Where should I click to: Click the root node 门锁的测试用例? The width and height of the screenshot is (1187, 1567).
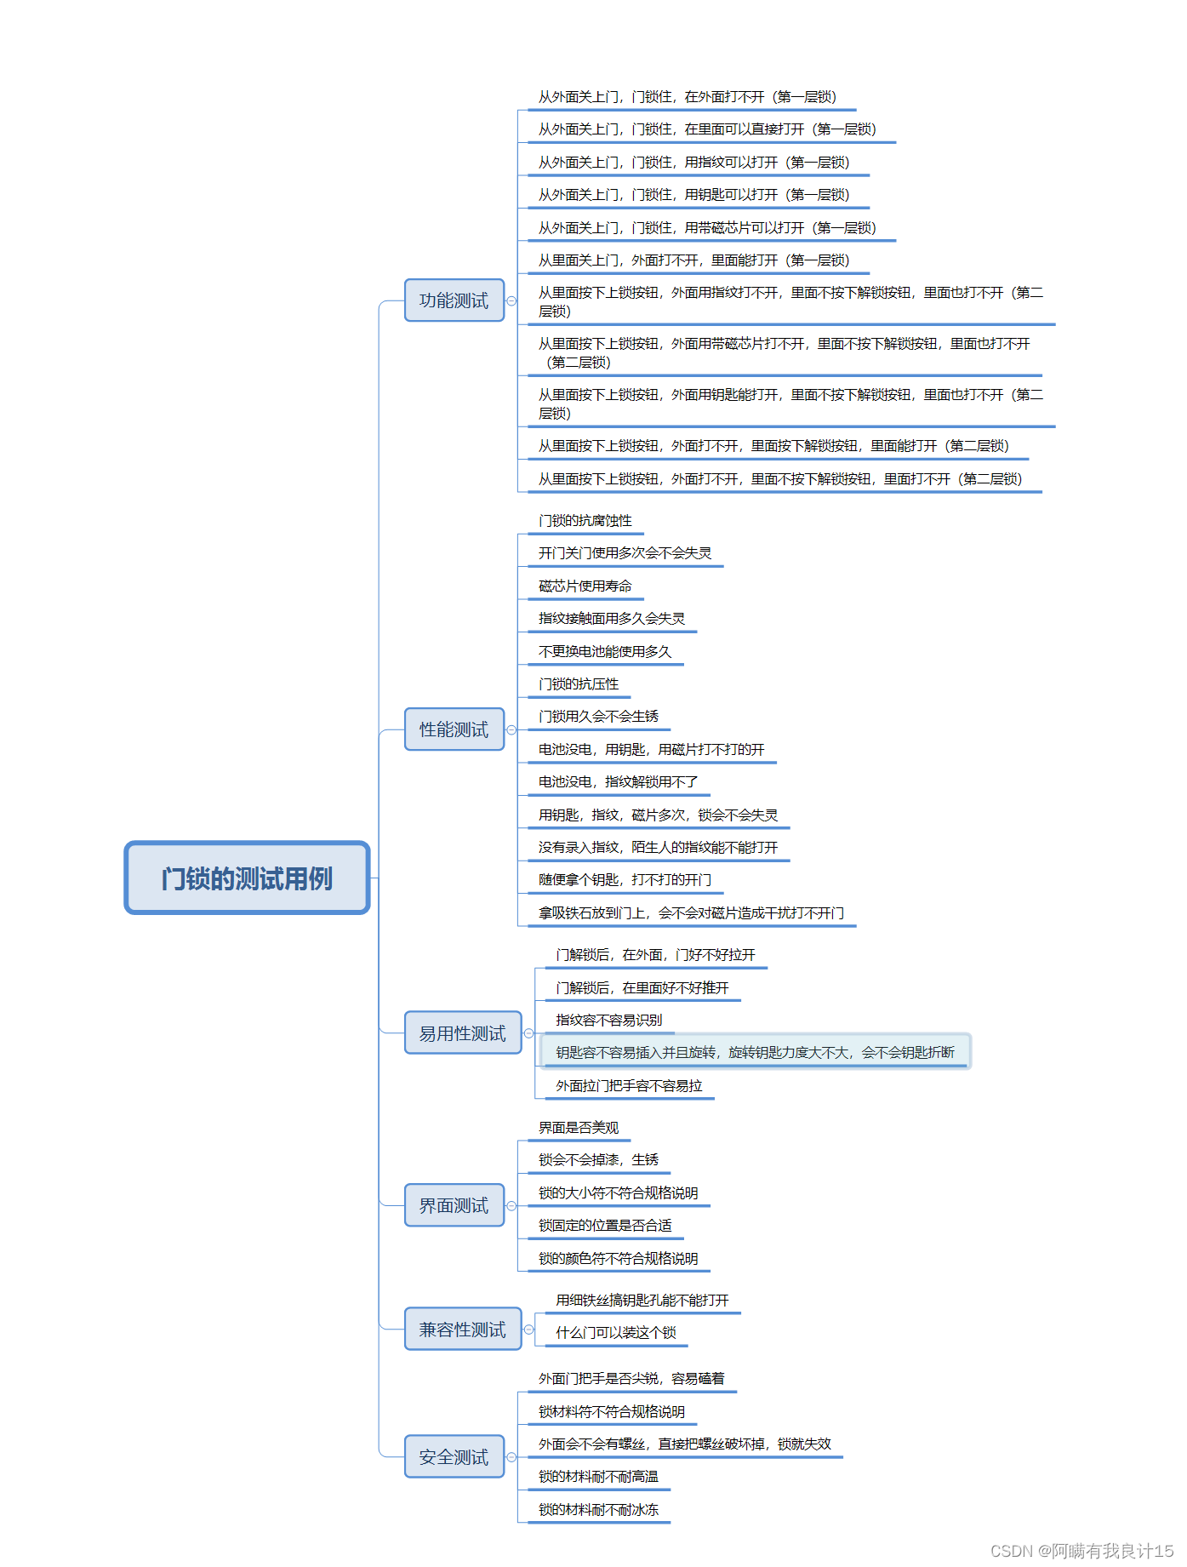click(x=247, y=878)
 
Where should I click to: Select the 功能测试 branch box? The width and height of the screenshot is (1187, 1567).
click(x=454, y=300)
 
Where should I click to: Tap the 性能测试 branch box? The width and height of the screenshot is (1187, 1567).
click(x=454, y=729)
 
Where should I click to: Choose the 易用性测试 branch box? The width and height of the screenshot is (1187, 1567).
click(x=462, y=1033)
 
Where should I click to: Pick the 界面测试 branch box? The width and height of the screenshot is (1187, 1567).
click(x=454, y=1205)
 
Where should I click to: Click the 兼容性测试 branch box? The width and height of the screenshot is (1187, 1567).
click(x=462, y=1330)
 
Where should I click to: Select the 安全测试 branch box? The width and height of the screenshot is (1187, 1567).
click(x=454, y=1457)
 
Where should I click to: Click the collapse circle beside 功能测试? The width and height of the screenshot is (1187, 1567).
click(x=511, y=300)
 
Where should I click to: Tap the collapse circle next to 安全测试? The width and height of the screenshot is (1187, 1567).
click(x=511, y=1457)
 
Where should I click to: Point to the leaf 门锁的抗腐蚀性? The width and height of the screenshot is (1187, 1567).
click(x=585, y=521)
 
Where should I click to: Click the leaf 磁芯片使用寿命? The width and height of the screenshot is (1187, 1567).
click(x=585, y=586)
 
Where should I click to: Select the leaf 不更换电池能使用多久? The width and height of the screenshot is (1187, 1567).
click(x=605, y=652)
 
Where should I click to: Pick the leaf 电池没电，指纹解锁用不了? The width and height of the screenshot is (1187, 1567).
click(x=618, y=782)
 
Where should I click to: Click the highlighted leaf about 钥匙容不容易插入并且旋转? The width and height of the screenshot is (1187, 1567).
click(x=755, y=1053)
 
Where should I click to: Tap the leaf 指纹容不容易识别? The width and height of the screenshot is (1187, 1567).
click(x=608, y=1021)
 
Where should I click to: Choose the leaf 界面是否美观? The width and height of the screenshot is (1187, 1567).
click(x=579, y=1128)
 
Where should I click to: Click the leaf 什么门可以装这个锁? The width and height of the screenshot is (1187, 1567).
click(x=616, y=1333)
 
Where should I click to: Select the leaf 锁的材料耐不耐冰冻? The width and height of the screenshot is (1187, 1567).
click(x=598, y=1510)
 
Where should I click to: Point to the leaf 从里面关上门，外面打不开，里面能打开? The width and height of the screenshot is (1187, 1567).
click(x=693, y=260)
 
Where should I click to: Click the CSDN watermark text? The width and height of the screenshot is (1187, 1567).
click(x=1081, y=1551)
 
